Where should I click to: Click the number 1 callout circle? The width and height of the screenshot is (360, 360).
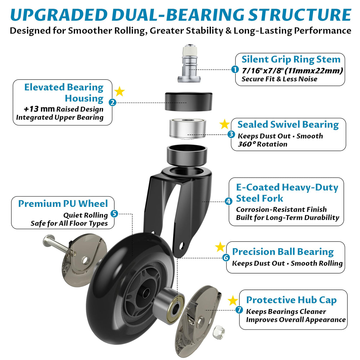pos(235,70)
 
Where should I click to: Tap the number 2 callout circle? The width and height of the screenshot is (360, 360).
pos(112,102)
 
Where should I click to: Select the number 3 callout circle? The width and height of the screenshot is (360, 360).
pos(231,134)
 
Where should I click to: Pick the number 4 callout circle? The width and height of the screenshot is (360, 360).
pos(228,201)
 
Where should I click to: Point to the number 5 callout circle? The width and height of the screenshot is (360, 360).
pos(114,214)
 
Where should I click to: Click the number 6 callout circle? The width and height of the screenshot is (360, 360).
pos(226,258)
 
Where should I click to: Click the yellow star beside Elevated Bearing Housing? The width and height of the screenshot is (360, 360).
pos(119,91)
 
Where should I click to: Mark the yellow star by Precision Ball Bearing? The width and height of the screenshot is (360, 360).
pos(220,247)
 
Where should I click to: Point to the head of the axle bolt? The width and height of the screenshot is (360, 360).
pos(47,240)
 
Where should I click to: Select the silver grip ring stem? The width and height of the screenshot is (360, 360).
pos(189,64)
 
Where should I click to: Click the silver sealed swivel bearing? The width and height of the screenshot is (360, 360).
pos(187,129)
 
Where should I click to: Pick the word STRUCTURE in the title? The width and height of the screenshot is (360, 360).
pos(299,15)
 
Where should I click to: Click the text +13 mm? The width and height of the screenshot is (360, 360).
pos(39,109)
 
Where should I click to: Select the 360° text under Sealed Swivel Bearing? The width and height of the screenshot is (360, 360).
pos(247,144)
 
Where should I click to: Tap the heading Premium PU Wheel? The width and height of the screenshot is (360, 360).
pos(63,203)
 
